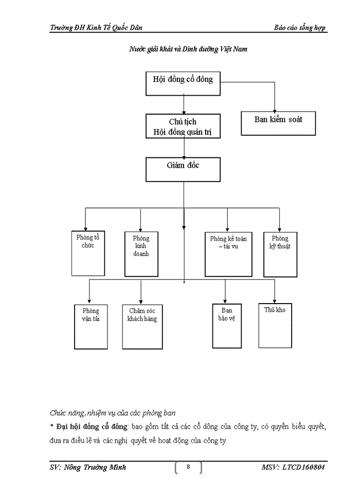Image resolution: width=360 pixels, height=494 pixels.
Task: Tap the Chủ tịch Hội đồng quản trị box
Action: point(183,126)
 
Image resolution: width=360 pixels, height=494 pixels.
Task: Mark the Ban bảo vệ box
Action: point(227,326)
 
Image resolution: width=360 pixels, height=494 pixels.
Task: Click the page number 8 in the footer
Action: point(188,467)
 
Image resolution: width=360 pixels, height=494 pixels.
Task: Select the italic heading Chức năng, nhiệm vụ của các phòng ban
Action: point(113,413)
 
